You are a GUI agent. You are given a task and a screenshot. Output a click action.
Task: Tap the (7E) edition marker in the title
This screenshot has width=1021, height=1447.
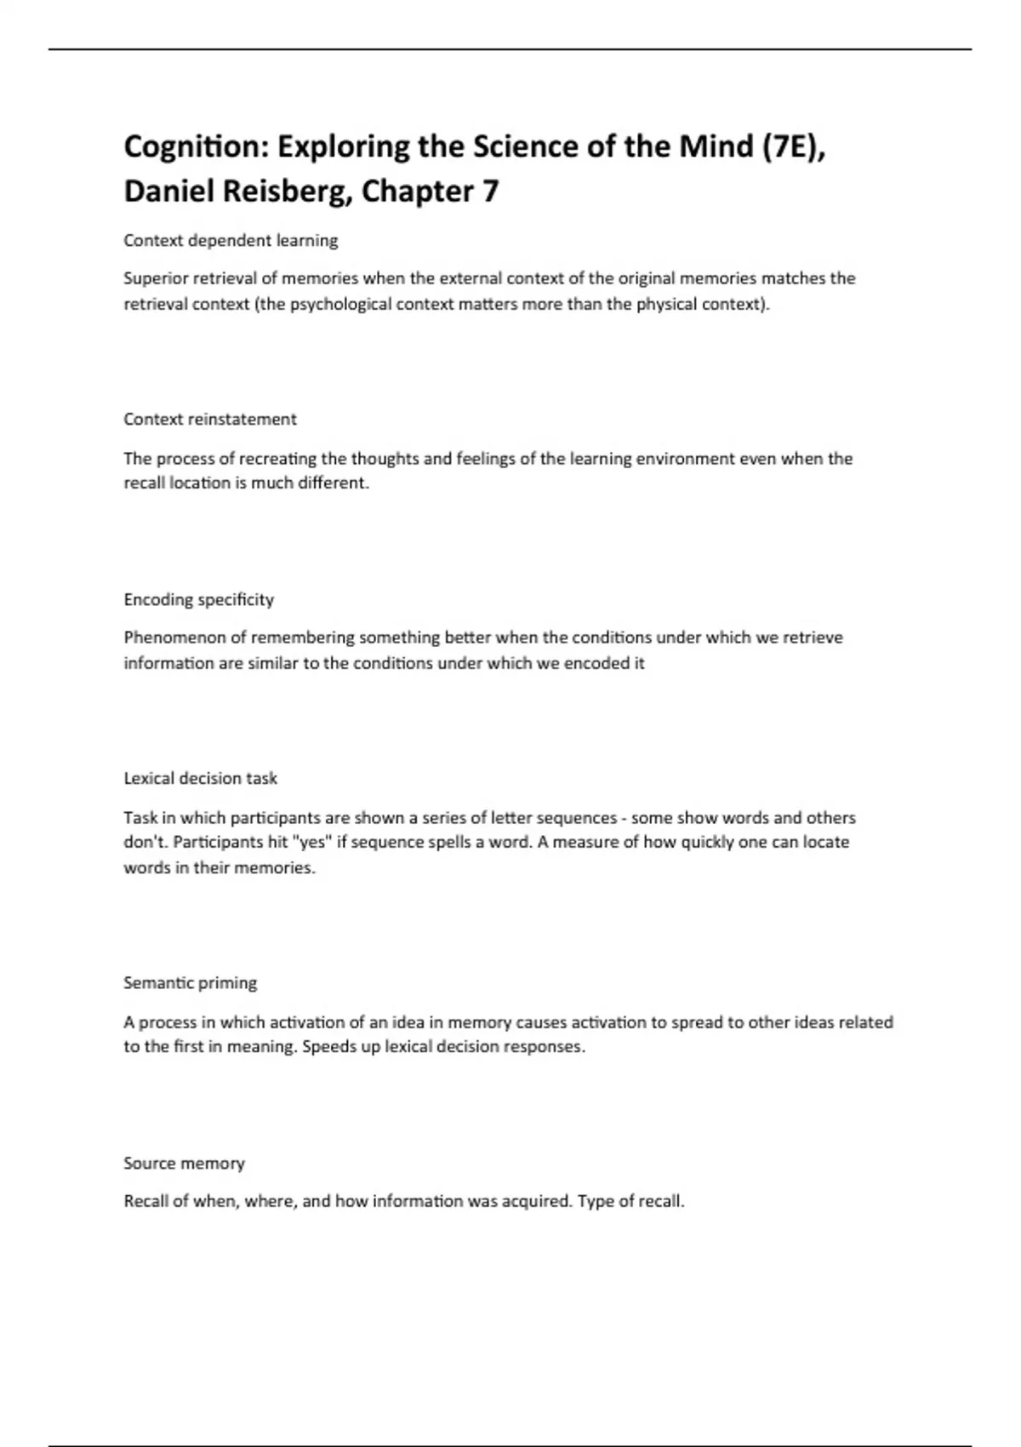[x=793, y=147]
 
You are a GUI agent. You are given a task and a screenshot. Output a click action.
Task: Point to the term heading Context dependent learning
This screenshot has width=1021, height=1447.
[x=231, y=241]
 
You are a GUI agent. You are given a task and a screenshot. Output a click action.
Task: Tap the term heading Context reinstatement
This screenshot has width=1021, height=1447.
[x=210, y=420]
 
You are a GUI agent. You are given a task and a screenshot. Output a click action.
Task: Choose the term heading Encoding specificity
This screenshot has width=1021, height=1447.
[x=199, y=600]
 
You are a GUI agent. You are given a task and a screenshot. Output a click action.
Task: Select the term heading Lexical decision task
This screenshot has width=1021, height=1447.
[x=201, y=779]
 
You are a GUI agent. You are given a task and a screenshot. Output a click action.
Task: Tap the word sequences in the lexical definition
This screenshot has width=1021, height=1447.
[x=575, y=818]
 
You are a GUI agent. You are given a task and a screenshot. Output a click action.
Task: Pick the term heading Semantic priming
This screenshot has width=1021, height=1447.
[x=191, y=983]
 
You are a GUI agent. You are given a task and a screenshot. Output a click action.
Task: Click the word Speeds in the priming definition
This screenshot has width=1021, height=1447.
[x=325, y=1047]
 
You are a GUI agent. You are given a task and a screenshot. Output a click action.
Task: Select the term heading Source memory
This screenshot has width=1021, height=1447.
[x=184, y=1164]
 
